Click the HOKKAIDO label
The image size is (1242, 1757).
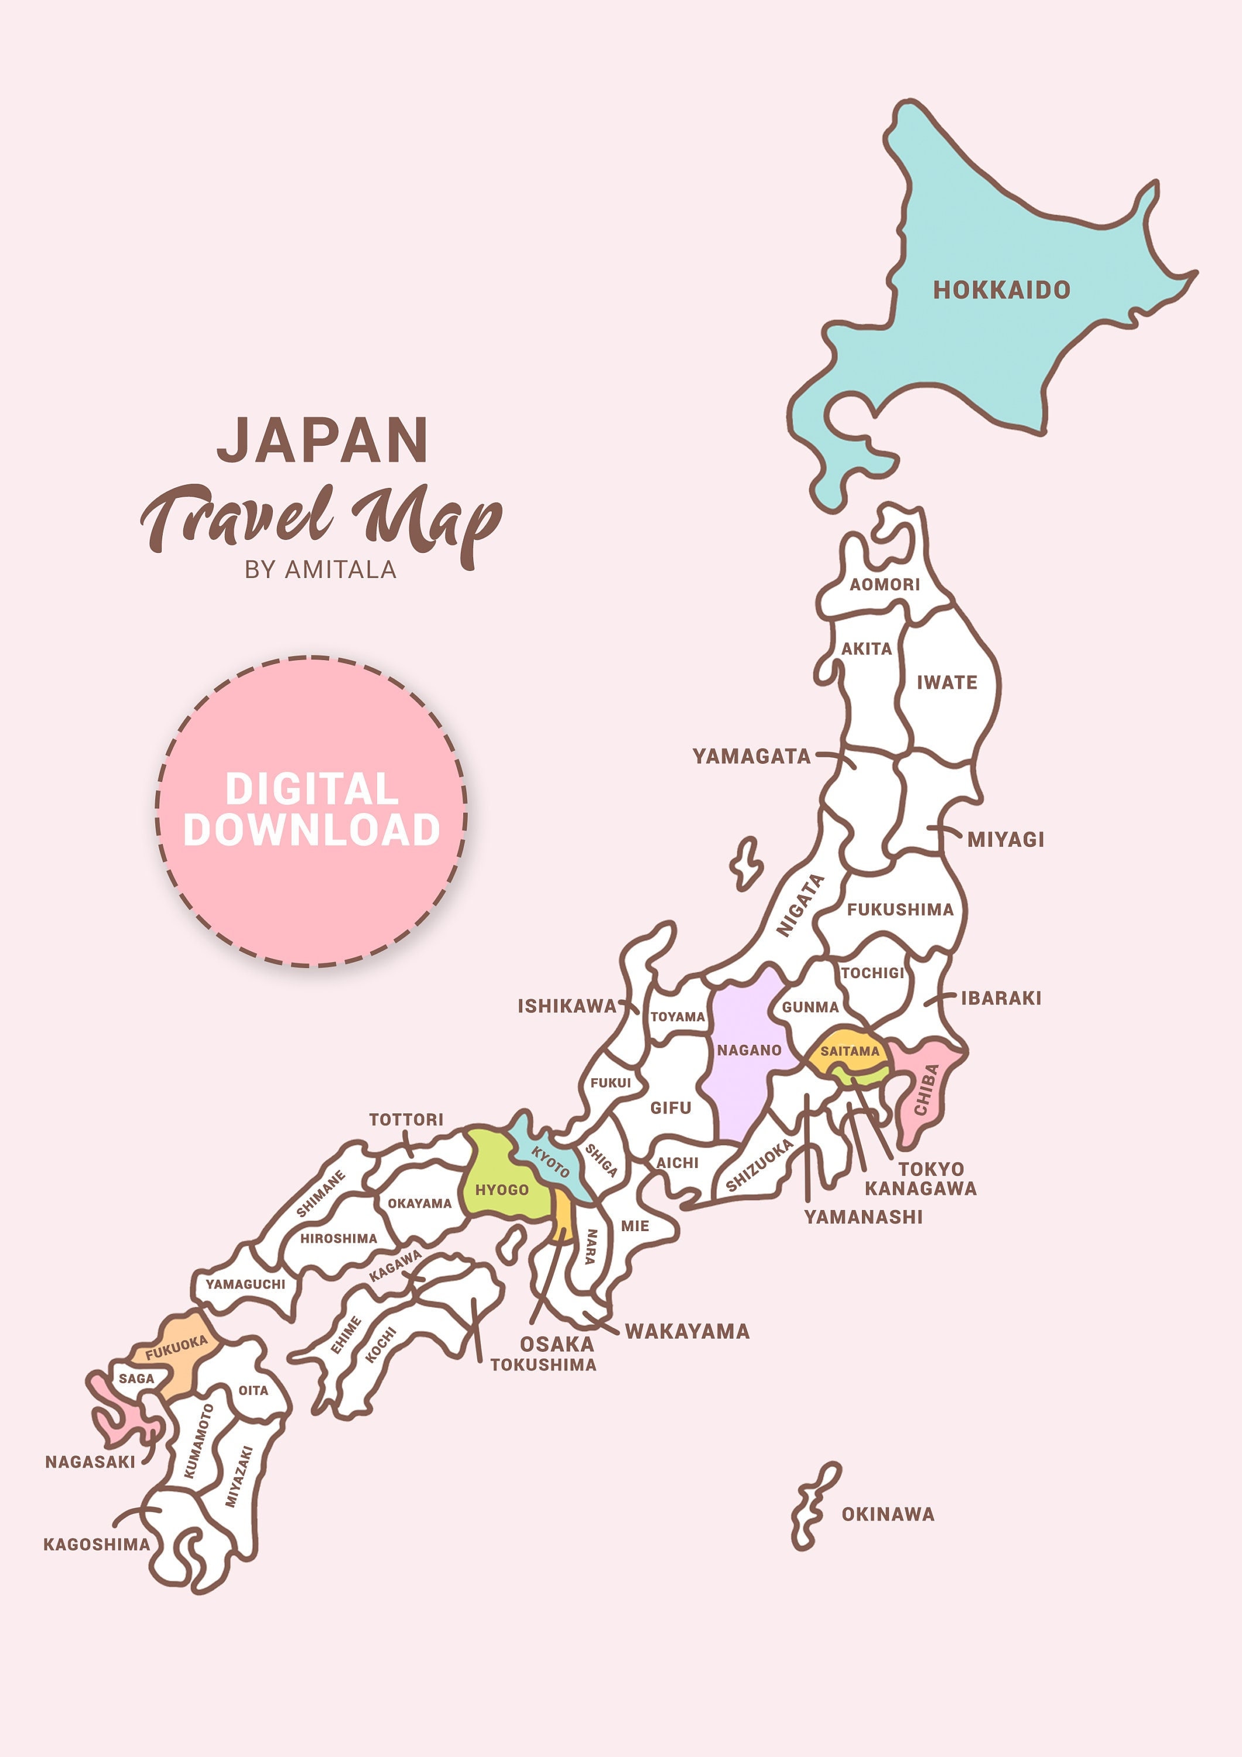coord(1001,290)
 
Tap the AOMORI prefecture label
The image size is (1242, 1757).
coord(885,584)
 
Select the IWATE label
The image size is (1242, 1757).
coord(947,683)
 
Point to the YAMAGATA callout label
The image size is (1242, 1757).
coord(751,757)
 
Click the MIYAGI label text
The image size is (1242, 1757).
coord(1005,839)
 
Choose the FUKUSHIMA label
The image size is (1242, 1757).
coord(900,910)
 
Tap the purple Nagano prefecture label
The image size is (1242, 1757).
coord(749,1051)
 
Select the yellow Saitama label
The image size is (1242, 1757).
coord(850,1051)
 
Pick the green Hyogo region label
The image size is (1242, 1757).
coord(502,1190)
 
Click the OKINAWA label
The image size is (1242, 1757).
coord(888,1515)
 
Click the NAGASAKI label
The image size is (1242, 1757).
coord(90,1462)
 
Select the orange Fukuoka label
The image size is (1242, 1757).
coord(177,1348)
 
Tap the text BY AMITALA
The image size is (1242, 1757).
coord(321,570)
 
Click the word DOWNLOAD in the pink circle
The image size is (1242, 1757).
coord(312,830)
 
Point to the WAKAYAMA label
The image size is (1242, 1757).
coord(687,1332)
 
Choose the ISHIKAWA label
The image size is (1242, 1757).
coord(567,1006)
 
